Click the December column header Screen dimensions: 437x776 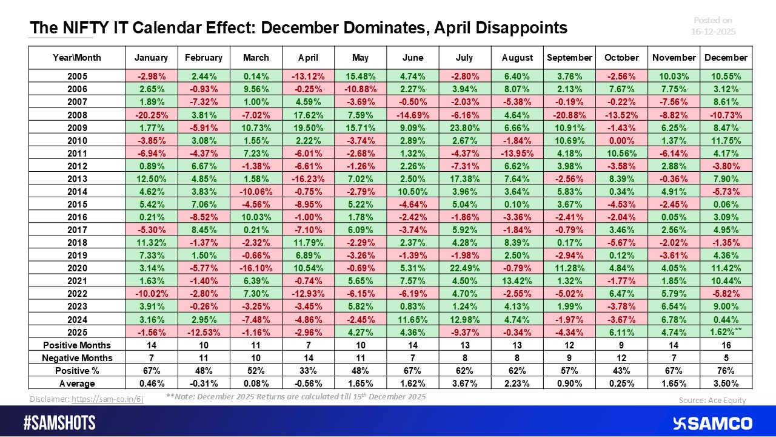click(726, 58)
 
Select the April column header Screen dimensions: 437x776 click(308, 58)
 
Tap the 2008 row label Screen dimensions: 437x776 click(77, 115)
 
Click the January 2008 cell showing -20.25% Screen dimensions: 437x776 click(151, 115)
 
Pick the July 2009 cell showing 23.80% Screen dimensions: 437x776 click(464, 127)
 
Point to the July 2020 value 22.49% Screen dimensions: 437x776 click(464, 268)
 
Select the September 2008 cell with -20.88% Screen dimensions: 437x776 click(569, 115)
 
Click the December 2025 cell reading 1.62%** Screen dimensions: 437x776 click(726, 332)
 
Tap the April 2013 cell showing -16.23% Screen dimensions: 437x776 click(308, 178)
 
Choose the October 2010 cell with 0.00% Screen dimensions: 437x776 click(621, 140)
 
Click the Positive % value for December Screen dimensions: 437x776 click(726, 370)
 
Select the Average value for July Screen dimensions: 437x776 click(464, 383)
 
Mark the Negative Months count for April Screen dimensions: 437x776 click(308, 357)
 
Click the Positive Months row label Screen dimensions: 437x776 click(77, 345)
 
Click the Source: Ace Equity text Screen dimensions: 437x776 click(713, 400)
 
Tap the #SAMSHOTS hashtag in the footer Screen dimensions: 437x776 click(59, 423)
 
